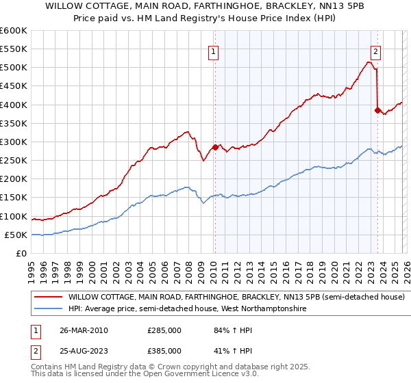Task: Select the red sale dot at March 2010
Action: point(215,147)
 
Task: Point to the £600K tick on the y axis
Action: point(14,31)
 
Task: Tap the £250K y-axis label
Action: point(14,161)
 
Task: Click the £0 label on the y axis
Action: point(21,253)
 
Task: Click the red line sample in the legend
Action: point(49,298)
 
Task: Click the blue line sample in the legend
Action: point(49,309)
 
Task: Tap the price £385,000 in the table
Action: point(164,351)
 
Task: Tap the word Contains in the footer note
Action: point(47,367)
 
